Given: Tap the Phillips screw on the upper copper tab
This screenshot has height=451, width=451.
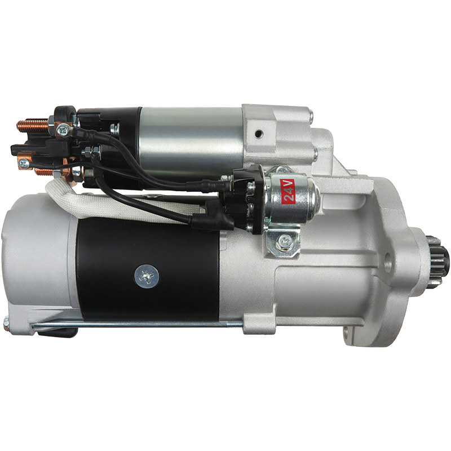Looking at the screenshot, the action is coord(62,130).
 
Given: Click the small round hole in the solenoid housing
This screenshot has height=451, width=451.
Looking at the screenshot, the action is coord(259,133).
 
